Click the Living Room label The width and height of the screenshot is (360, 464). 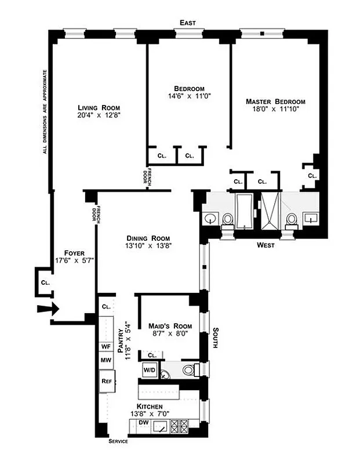tap(99, 107)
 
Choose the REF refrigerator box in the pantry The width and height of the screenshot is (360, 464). tap(106, 381)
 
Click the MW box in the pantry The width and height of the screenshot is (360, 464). tap(106, 360)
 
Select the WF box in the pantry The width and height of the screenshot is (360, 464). tap(106, 346)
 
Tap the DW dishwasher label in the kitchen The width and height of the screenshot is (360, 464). tap(143, 424)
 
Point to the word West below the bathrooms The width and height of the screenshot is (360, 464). tap(266, 245)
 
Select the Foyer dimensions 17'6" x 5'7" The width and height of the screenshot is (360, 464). tap(75, 260)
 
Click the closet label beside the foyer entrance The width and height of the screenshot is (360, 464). tap(45, 282)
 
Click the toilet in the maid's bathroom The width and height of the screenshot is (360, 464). tap(188, 369)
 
